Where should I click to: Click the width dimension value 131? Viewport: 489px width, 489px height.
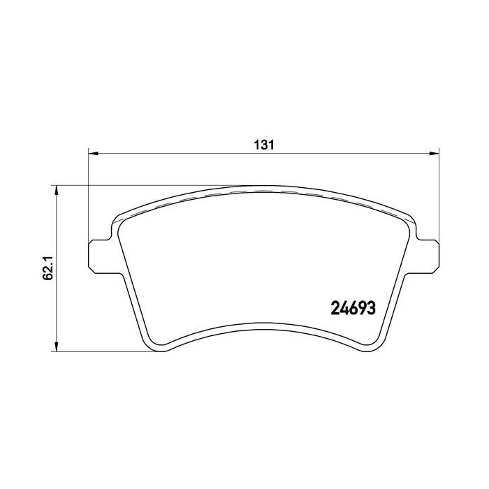click(262, 145)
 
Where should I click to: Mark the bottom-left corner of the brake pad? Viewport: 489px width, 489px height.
click(152, 346)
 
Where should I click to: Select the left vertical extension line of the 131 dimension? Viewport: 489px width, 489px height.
click(88, 196)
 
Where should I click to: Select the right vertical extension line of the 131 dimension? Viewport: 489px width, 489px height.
click(438, 196)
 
